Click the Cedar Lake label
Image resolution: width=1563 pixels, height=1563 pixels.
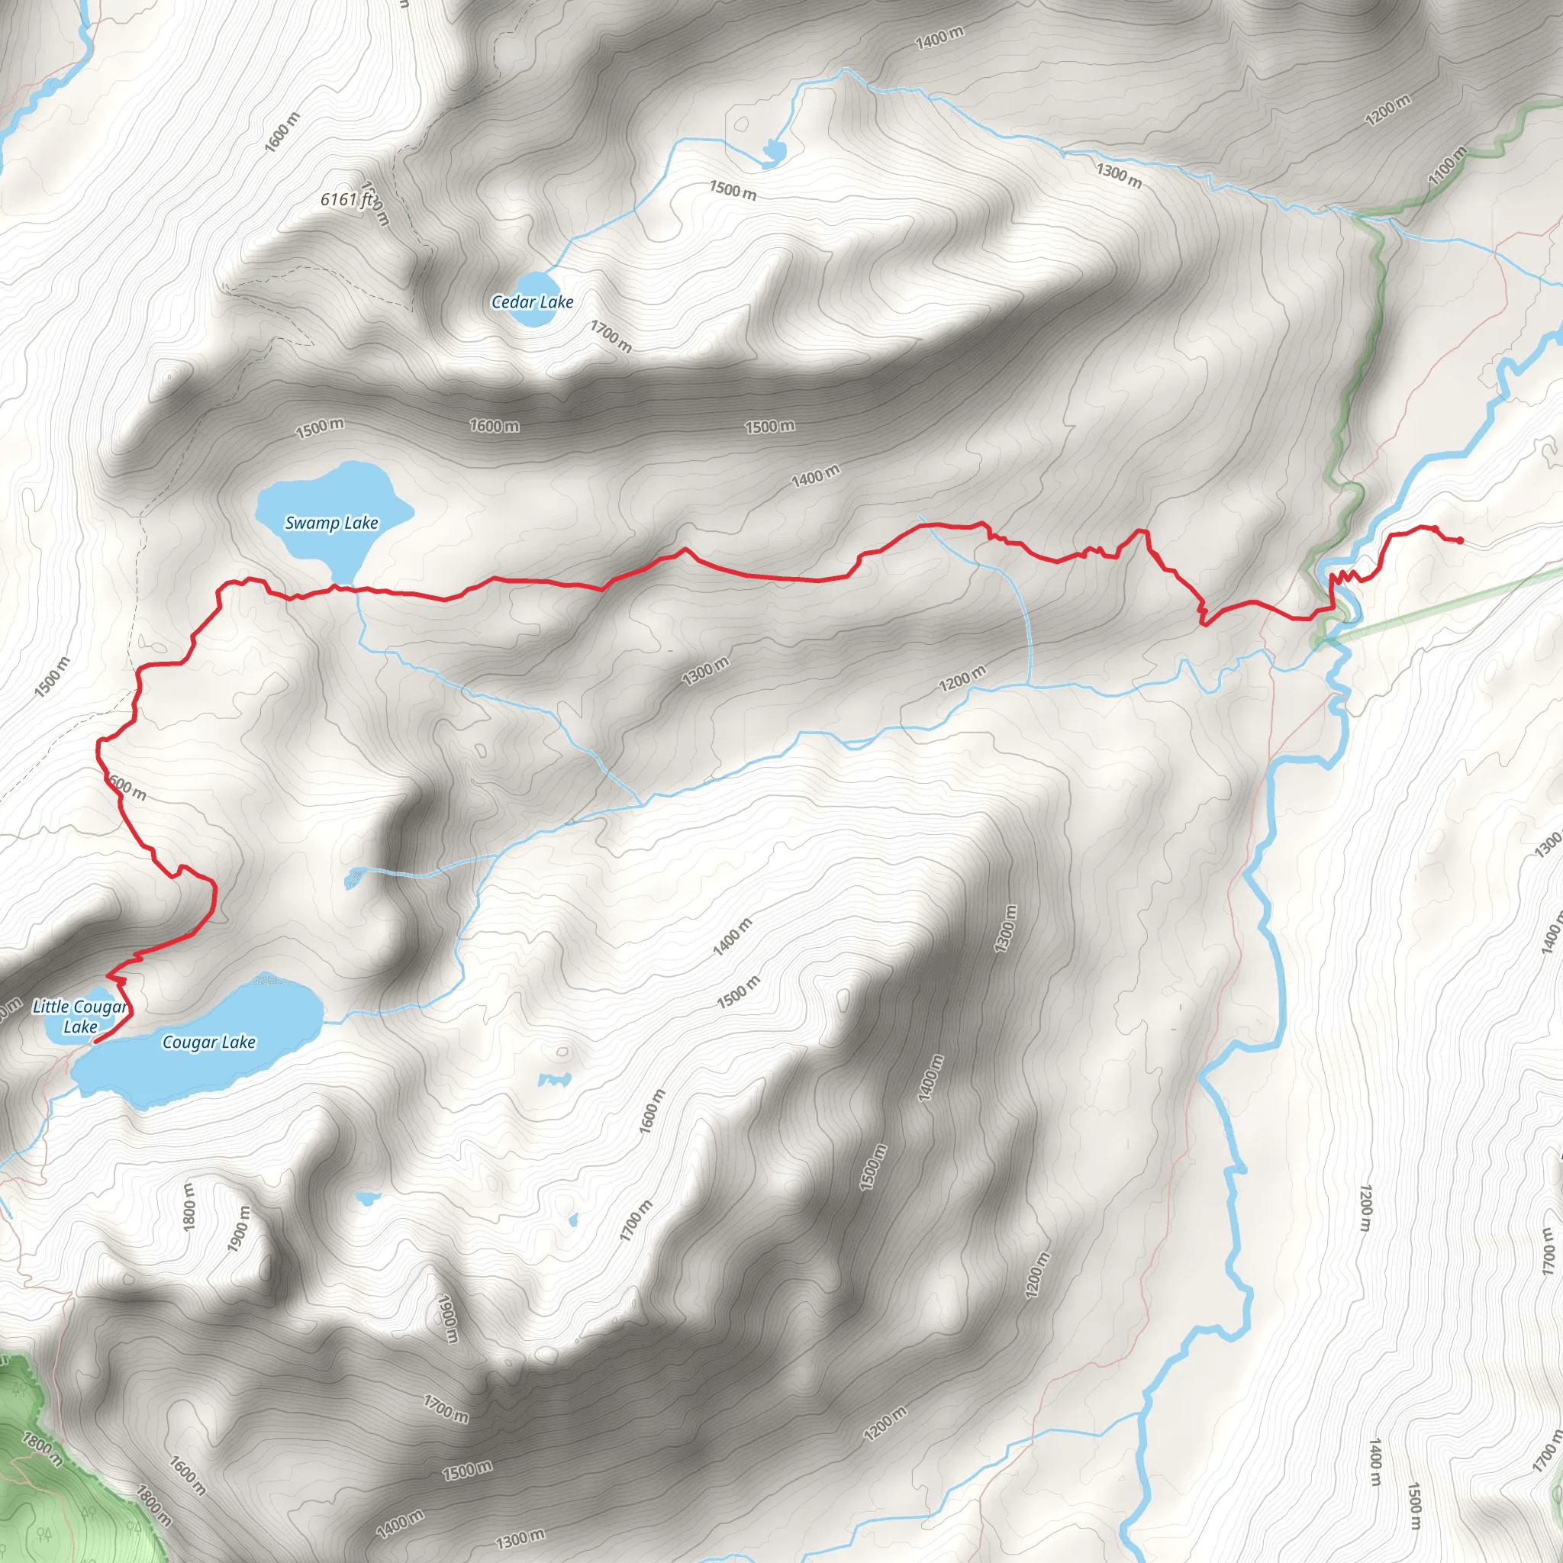[x=533, y=301]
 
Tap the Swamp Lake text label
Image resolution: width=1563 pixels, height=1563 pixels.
[x=332, y=523]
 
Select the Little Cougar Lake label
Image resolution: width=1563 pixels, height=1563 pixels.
[x=79, y=1016]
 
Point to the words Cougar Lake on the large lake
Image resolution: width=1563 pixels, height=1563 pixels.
[x=208, y=1042]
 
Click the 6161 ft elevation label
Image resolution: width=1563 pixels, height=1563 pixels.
[x=346, y=198]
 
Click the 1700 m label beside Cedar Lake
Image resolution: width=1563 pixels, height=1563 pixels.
[x=611, y=336]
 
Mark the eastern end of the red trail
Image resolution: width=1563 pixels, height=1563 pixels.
[x=1460, y=540]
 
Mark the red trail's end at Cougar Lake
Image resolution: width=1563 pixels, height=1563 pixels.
[x=95, y=1042]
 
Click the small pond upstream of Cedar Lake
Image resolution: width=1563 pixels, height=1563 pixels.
[x=773, y=150]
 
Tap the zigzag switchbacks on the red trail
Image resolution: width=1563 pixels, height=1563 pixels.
[x=1345, y=576]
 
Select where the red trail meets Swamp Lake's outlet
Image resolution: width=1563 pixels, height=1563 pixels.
[x=353, y=588]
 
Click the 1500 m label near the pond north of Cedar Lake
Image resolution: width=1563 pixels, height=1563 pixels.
[x=733, y=190]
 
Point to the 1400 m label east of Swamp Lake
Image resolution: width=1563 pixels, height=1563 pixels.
[x=816, y=475]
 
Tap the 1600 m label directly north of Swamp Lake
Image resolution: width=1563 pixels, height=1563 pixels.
[x=495, y=426]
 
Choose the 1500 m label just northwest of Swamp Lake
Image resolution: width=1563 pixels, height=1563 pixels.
[x=320, y=427]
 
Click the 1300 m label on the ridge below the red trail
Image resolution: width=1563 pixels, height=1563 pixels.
[x=704, y=671]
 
